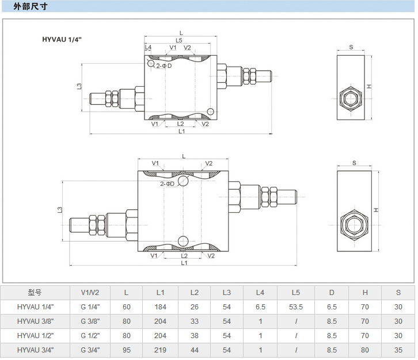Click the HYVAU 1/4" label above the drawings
click(x=62, y=39)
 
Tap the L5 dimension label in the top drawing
click(x=179, y=40)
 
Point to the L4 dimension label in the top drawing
click(x=148, y=48)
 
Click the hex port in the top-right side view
click(x=349, y=98)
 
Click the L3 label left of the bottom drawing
click(x=60, y=210)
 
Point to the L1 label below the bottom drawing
click(x=184, y=263)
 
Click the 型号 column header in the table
click(x=35, y=292)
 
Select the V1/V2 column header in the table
click(x=90, y=292)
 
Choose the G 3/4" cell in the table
click(x=90, y=350)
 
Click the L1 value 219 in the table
click(x=161, y=350)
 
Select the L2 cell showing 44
click(x=195, y=350)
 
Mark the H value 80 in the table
click(x=365, y=350)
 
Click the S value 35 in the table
click(x=398, y=350)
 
